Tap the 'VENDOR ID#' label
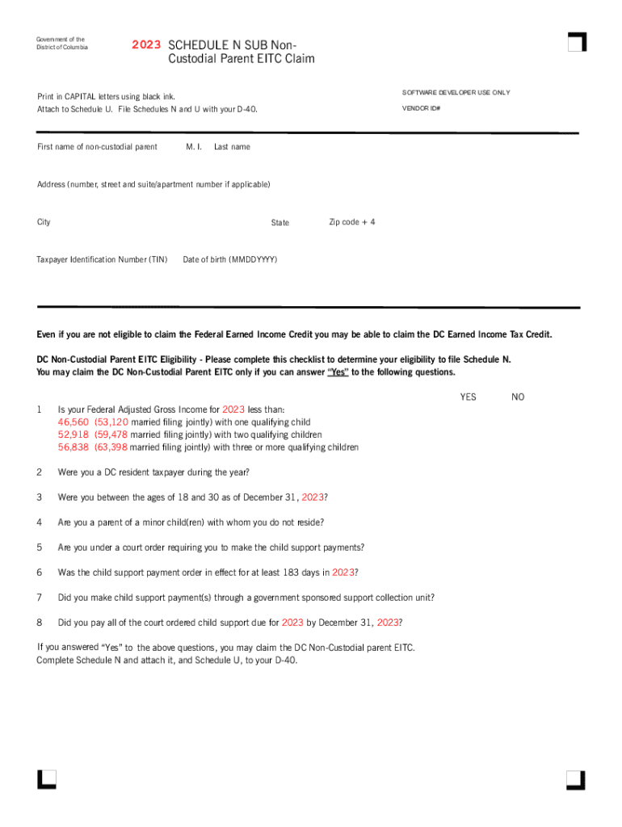pos(421,107)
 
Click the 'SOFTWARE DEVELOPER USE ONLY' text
pos(456,93)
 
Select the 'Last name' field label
pos(232,147)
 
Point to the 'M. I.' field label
pos(194,147)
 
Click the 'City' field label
pos(44,222)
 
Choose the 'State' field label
pos(280,223)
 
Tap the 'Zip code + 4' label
pos(352,222)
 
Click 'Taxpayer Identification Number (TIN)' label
pos(102,260)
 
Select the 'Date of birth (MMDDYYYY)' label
pos(230,260)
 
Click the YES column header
pos(469,397)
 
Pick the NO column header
pos(519,397)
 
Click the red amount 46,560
pos(74,422)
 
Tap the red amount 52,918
pos(74,434)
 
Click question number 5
pos(39,548)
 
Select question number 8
pos(39,623)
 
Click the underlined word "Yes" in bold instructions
pos(338,372)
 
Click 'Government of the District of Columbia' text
pos(61,43)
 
